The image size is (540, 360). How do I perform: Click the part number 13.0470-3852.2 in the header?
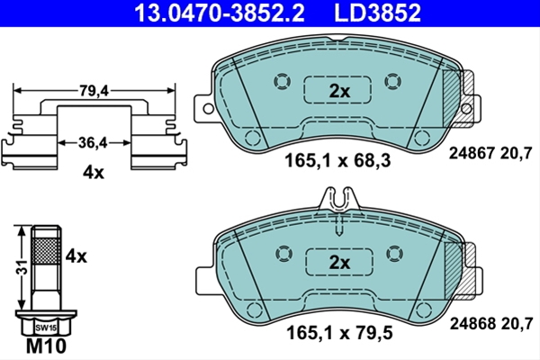220,13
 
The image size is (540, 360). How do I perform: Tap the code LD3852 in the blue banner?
377,13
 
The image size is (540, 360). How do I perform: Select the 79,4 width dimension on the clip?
94,91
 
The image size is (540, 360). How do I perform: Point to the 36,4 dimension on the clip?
93,142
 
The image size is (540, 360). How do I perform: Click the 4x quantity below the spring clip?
93,173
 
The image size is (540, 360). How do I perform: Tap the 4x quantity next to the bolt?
76,256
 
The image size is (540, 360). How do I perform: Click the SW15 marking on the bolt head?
46,328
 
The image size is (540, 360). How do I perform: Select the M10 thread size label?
46,346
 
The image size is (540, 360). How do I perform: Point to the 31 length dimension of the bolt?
22,266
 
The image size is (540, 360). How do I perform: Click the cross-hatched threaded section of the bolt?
46,250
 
